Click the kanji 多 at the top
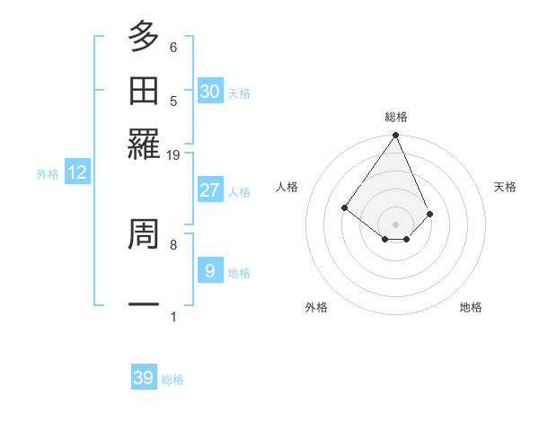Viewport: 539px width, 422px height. [x=144, y=37]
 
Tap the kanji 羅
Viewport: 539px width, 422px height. [x=144, y=144]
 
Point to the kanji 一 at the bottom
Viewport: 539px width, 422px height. [x=144, y=305]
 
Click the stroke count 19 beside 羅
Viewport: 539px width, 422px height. [x=173, y=155]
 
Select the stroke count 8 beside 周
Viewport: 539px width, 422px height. [x=173, y=243]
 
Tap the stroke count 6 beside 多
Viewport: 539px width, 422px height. [x=173, y=47]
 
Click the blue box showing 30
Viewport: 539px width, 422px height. [x=210, y=91]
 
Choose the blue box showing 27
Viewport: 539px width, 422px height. [x=210, y=190]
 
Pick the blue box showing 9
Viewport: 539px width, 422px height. [x=210, y=270]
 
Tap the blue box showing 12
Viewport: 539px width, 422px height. [x=77, y=173]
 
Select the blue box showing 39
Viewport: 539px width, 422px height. [x=144, y=378]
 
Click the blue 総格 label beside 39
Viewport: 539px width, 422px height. [x=172, y=380]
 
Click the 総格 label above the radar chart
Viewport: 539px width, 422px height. [x=396, y=117]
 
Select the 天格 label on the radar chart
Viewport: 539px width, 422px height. [x=505, y=187]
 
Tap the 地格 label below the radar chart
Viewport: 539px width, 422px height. [x=471, y=307]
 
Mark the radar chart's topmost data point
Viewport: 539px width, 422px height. [x=396, y=136]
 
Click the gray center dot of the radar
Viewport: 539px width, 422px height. [x=396, y=224]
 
